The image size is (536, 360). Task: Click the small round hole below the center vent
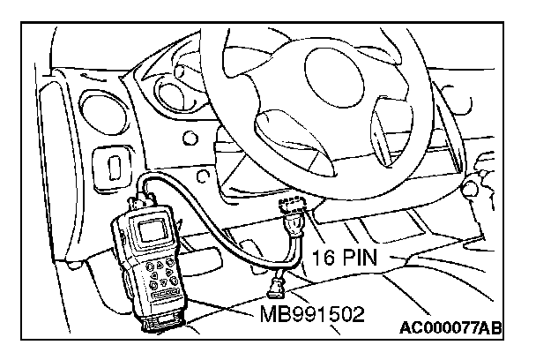point(187,139)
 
